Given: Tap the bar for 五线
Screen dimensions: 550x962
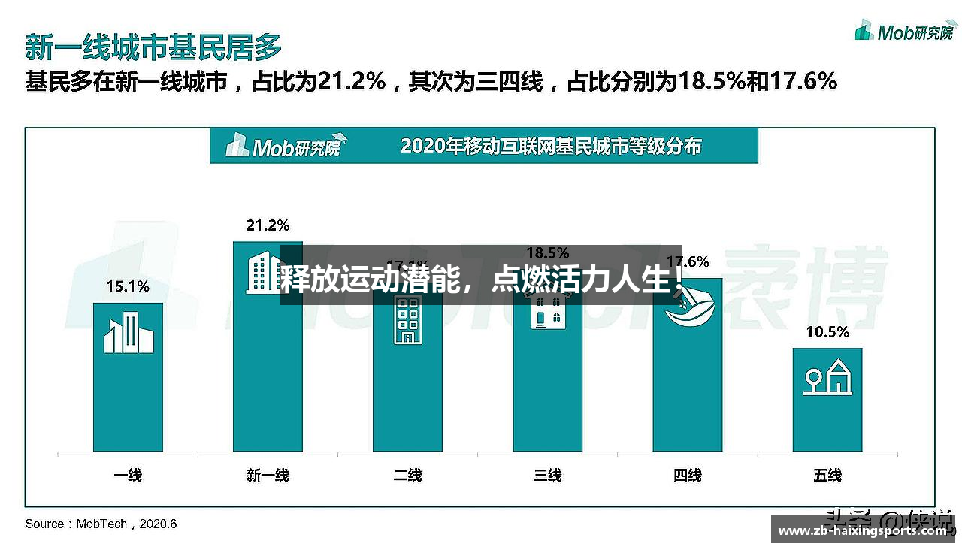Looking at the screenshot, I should coord(827,421).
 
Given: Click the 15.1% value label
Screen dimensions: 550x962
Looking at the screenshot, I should coord(128,286).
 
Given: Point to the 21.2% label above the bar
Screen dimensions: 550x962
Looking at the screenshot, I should coord(268,225).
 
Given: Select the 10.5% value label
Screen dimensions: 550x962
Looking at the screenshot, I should coord(827,331).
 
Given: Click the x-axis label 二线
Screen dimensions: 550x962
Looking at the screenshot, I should coord(407,475).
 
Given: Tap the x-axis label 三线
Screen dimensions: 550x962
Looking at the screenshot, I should coord(547,475).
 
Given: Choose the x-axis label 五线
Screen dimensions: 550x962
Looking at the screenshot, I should coord(827,475).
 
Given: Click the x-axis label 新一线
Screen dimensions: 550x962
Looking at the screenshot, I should coord(268,475).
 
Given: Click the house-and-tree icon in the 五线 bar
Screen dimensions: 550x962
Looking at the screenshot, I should coord(827,376).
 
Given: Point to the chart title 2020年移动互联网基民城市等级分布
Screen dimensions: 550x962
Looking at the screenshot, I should coord(551,145).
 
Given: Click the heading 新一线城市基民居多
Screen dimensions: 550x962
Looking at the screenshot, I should coord(153,47).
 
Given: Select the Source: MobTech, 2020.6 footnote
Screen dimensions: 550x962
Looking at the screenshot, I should coord(101,524).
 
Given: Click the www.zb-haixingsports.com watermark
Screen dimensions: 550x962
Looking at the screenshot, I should coord(862,531).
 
